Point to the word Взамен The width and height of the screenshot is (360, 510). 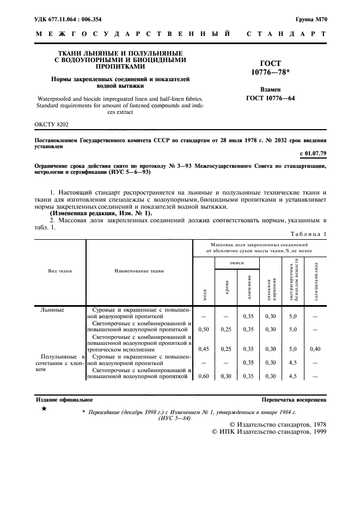point(271,89)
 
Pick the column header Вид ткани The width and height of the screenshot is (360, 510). point(60,270)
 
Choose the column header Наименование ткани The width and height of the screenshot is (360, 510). point(139,270)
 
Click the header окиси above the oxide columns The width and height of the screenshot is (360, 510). point(237,262)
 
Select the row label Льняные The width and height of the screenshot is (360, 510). point(52,309)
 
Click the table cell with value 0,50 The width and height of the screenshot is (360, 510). point(204,329)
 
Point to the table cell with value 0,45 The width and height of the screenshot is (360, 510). point(204,349)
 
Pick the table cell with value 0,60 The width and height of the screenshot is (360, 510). point(204,375)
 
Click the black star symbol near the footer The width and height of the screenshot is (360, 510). point(44,408)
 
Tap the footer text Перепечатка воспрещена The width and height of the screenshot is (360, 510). point(294,399)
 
